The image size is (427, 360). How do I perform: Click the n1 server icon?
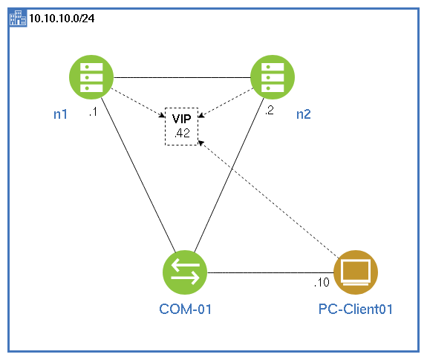pos(91,77)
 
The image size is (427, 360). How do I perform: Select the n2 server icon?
pos(273,77)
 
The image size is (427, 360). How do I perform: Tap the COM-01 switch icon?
pos(185,272)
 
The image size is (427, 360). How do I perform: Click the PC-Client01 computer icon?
pos(356,272)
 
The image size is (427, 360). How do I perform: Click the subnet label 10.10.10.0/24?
pos(62,19)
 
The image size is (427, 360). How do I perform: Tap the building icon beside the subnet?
pos(18,18)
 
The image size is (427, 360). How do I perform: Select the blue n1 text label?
pos(60,114)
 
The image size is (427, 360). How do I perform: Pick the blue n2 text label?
pos(304,114)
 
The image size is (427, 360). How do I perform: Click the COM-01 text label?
pos(185,310)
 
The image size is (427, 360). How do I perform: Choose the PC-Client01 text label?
pos(356,310)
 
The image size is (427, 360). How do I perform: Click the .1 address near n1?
pos(93,112)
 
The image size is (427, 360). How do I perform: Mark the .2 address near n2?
pos(270,110)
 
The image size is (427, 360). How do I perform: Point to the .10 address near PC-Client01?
pos(322,283)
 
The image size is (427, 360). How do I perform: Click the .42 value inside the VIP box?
pos(182,134)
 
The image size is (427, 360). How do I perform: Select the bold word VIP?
pos(182,119)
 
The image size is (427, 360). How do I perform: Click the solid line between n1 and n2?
pos(182,77)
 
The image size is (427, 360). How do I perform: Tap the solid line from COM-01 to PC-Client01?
pos(270,272)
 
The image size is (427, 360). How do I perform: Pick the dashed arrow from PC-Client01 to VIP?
pos(269,199)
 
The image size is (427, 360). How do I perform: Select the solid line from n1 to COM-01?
pos(138,175)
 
